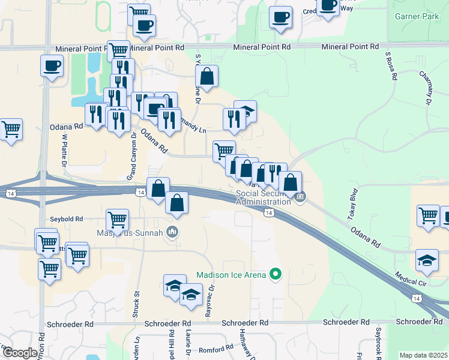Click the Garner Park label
coord(418,17)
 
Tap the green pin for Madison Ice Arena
coord(276,275)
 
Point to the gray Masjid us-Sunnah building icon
coord(173,232)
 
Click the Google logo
coord(19,353)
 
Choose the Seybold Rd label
coord(66,219)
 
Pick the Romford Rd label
coord(217,349)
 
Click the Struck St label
coord(137,300)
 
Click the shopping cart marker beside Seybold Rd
coord(117,220)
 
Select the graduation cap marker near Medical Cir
coord(427,260)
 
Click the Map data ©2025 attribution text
coord(423,355)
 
